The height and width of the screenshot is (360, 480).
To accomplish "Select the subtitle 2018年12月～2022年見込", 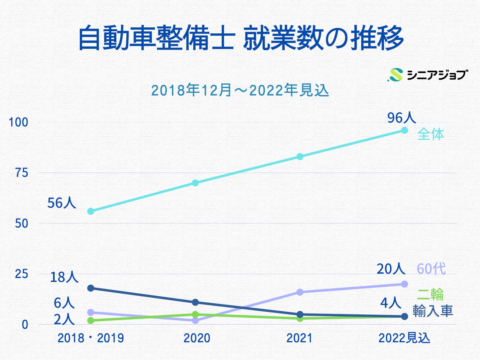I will click(x=240, y=90).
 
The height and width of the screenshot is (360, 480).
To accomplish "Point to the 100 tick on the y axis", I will click(x=18, y=123).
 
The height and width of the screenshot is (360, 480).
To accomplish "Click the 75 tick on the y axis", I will click(x=21, y=173).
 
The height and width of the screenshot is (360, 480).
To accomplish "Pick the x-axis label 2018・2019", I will click(x=91, y=338).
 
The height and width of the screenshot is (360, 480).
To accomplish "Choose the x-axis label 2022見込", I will click(x=404, y=338).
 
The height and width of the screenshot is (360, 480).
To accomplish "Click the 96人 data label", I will click(x=401, y=118).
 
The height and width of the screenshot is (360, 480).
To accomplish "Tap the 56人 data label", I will click(x=61, y=203).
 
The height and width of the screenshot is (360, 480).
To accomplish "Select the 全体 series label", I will click(x=430, y=134).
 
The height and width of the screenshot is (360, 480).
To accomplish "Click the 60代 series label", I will click(x=431, y=269).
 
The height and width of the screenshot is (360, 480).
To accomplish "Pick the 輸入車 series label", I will click(x=432, y=311).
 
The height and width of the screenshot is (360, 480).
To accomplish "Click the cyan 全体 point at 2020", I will click(x=195, y=183).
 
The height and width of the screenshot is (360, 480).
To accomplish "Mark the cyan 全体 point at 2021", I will click(x=300, y=156).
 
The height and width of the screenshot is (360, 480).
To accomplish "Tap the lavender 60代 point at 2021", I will click(x=300, y=292).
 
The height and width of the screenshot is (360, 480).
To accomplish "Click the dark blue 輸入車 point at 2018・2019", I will click(x=91, y=288).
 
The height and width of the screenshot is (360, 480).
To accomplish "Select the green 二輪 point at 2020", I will click(x=195, y=314).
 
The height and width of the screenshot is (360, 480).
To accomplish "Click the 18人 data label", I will click(x=64, y=277).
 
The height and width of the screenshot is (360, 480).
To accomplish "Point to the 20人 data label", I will click(x=390, y=269).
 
